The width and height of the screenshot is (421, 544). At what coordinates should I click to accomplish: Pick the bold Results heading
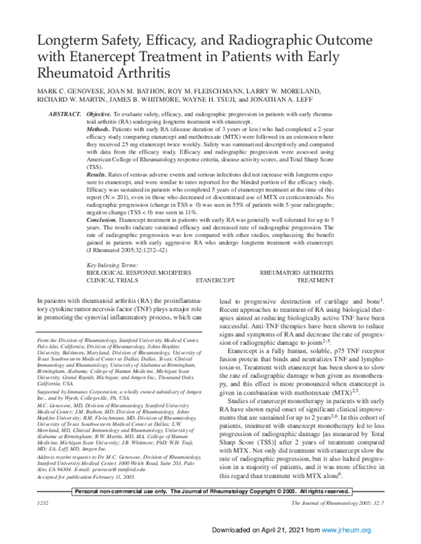coord(101,174)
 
